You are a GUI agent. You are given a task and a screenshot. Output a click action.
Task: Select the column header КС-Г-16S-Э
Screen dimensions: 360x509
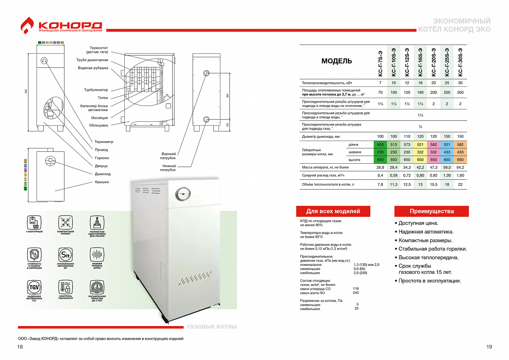tap(420, 62)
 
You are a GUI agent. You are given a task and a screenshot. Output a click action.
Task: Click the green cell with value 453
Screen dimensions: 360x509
tap(380, 145)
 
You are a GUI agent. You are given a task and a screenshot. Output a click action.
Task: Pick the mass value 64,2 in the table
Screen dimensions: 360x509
tap(460, 167)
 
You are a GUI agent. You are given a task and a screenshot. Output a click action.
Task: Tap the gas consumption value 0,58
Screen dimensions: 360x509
tap(394, 175)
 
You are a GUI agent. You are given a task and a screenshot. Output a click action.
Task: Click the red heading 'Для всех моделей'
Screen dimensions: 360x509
tap(333, 211)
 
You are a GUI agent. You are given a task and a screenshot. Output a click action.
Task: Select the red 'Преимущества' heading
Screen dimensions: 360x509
tap(431, 211)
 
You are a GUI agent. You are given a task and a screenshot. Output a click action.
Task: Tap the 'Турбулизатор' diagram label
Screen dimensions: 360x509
tap(96, 90)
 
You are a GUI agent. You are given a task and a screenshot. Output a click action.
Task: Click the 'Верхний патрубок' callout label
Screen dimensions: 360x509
tap(168, 156)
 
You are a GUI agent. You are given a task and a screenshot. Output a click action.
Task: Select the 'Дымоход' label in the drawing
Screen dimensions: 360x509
tap(102, 174)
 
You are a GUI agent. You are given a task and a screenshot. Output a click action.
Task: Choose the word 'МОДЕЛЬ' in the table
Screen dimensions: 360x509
tap(336, 61)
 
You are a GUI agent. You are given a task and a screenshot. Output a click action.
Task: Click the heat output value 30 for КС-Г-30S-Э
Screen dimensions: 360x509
tap(460, 83)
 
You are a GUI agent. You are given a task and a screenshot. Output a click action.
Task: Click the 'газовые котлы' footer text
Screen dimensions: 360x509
tap(212, 327)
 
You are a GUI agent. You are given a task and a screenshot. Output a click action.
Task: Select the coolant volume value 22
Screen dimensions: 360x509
tap(460, 185)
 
